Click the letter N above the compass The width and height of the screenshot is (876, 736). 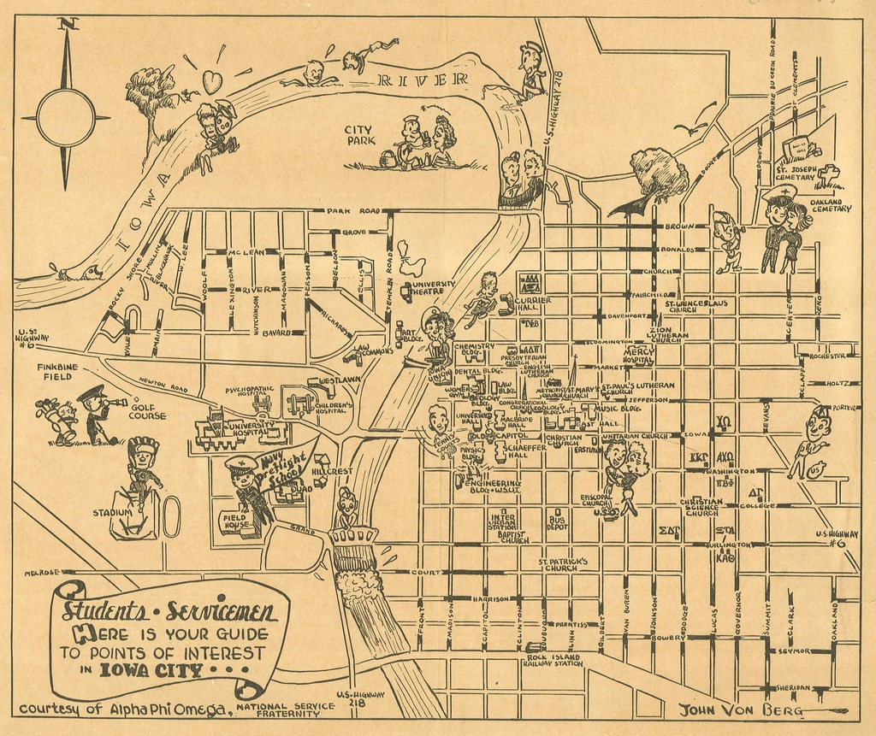[x=68, y=23]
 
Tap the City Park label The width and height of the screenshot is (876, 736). [x=359, y=135]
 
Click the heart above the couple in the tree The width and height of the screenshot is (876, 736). [x=211, y=82]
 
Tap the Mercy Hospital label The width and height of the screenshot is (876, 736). [x=639, y=356]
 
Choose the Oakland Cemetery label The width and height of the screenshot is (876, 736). [x=830, y=204]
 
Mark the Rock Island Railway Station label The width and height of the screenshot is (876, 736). [x=553, y=660]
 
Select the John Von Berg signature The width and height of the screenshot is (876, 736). [x=740, y=710]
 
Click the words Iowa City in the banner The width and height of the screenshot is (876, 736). [x=151, y=670]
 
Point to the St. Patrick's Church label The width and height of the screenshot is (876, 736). [x=563, y=564]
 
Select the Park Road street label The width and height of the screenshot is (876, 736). [x=352, y=210]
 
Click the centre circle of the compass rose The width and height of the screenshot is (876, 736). [x=66, y=118]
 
